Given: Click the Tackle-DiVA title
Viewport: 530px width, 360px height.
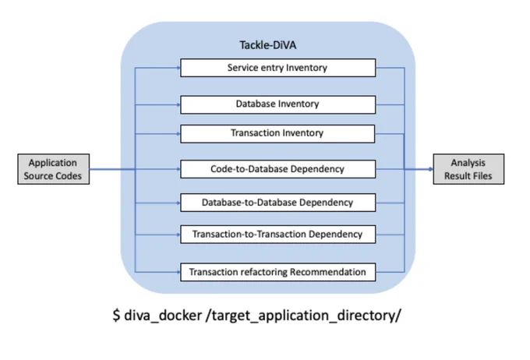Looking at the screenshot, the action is pyautogui.click(x=267, y=45).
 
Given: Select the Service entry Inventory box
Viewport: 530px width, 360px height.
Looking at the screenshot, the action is pyautogui.click(x=277, y=68).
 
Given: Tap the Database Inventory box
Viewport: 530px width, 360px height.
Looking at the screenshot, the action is pyautogui.click(x=277, y=104).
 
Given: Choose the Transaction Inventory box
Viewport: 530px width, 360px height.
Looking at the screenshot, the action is pyautogui.click(x=277, y=133).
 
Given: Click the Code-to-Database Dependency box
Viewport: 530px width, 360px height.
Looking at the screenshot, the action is pyautogui.click(x=277, y=169).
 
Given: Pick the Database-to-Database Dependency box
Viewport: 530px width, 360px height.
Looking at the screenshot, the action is pyautogui.click(x=277, y=203).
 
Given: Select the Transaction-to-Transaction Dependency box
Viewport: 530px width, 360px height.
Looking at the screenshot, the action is pyautogui.click(x=277, y=235).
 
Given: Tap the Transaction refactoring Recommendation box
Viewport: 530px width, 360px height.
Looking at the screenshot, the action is pyautogui.click(x=277, y=272).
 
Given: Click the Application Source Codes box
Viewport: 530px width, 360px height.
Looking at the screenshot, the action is pyautogui.click(x=54, y=169).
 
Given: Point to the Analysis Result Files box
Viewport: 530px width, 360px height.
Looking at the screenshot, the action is pyautogui.click(x=468, y=169).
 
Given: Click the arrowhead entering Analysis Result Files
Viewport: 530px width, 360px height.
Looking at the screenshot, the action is pyautogui.click(x=430, y=169).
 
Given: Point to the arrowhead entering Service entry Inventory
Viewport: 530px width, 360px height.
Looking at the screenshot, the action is pyautogui.click(x=178, y=68).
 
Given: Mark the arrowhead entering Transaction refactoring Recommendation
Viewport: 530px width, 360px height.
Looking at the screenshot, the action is pyautogui.click(x=178, y=272).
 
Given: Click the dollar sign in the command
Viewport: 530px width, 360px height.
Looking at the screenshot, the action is pyautogui.click(x=116, y=316).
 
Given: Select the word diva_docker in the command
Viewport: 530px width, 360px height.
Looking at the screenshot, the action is pyautogui.click(x=163, y=316).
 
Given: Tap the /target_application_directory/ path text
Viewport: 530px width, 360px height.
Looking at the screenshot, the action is pyautogui.click(x=303, y=316).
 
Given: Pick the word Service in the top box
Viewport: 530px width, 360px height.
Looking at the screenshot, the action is pyautogui.click(x=238, y=68).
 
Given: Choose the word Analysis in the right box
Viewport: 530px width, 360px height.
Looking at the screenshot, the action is pyautogui.click(x=468, y=163).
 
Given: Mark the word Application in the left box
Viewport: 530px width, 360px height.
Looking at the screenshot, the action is pyautogui.click(x=53, y=163).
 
